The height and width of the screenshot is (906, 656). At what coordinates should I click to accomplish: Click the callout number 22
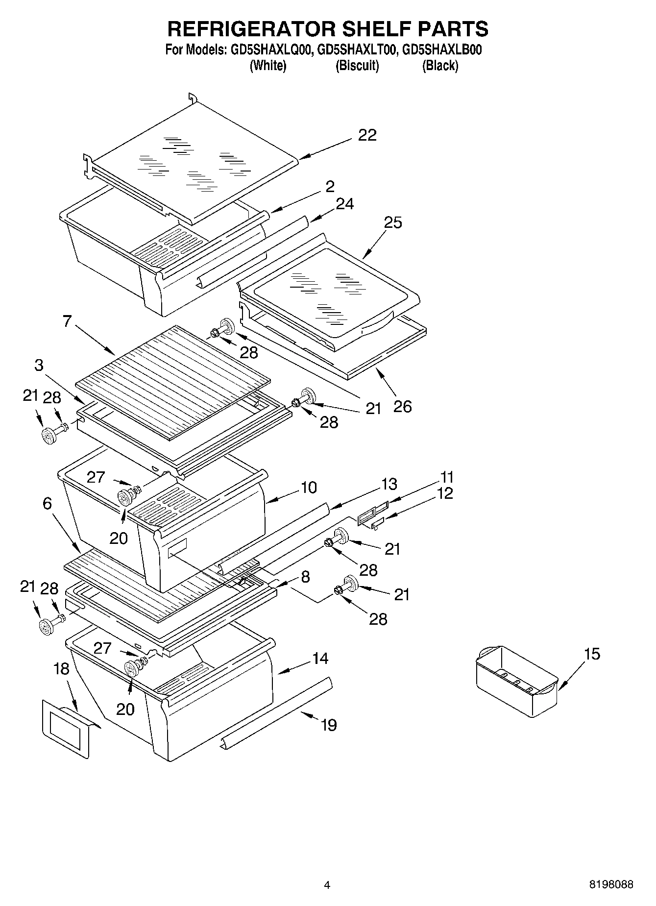[x=367, y=135]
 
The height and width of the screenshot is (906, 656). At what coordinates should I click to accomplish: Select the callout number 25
[x=392, y=222]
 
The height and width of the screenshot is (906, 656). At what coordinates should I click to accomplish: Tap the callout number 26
[x=402, y=406]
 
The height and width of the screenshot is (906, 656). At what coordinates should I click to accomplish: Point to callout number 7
[x=67, y=321]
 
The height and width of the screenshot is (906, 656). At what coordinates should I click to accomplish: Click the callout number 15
[x=592, y=654]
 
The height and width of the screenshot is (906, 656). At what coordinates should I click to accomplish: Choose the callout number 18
[x=61, y=669]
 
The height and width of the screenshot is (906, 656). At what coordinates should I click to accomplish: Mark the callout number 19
[x=329, y=725]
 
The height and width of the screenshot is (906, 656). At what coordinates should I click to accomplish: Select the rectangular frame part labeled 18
[x=67, y=729]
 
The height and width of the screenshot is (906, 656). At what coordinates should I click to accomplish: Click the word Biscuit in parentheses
[x=357, y=66]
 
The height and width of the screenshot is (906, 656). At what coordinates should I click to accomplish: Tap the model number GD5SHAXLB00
[x=441, y=50]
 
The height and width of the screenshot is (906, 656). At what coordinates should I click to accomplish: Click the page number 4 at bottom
[x=327, y=885]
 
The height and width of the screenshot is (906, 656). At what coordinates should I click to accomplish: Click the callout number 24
[x=344, y=203]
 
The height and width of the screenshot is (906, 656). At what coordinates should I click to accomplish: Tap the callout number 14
[x=320, y=658]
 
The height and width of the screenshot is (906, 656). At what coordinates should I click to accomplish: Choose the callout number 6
[x=47, y=503]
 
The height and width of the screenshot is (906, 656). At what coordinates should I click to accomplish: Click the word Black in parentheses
[x=440, y=66]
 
